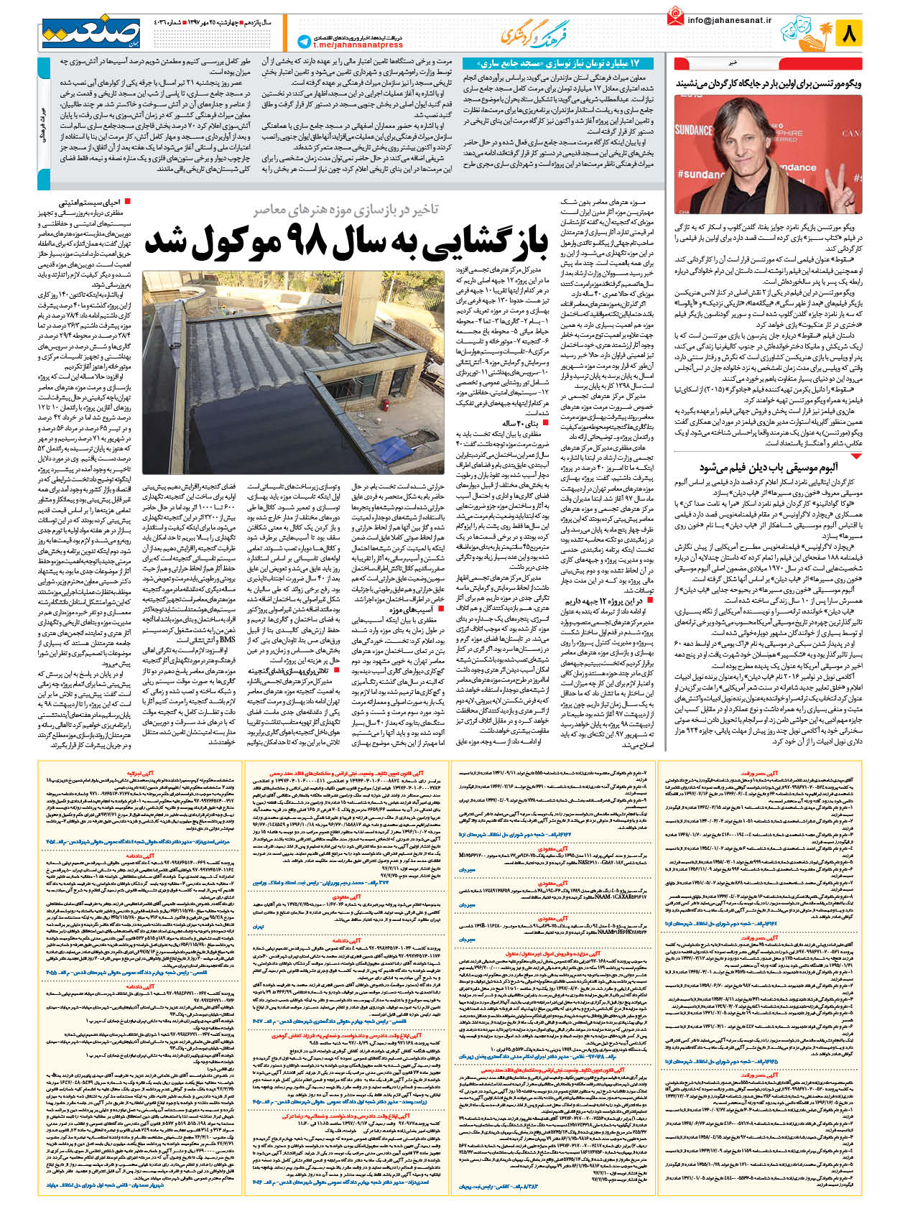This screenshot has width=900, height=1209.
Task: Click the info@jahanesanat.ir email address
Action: [728, 20]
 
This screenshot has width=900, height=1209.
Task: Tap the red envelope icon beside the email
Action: [675, 17]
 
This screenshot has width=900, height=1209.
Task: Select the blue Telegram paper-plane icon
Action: [303, 42]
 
